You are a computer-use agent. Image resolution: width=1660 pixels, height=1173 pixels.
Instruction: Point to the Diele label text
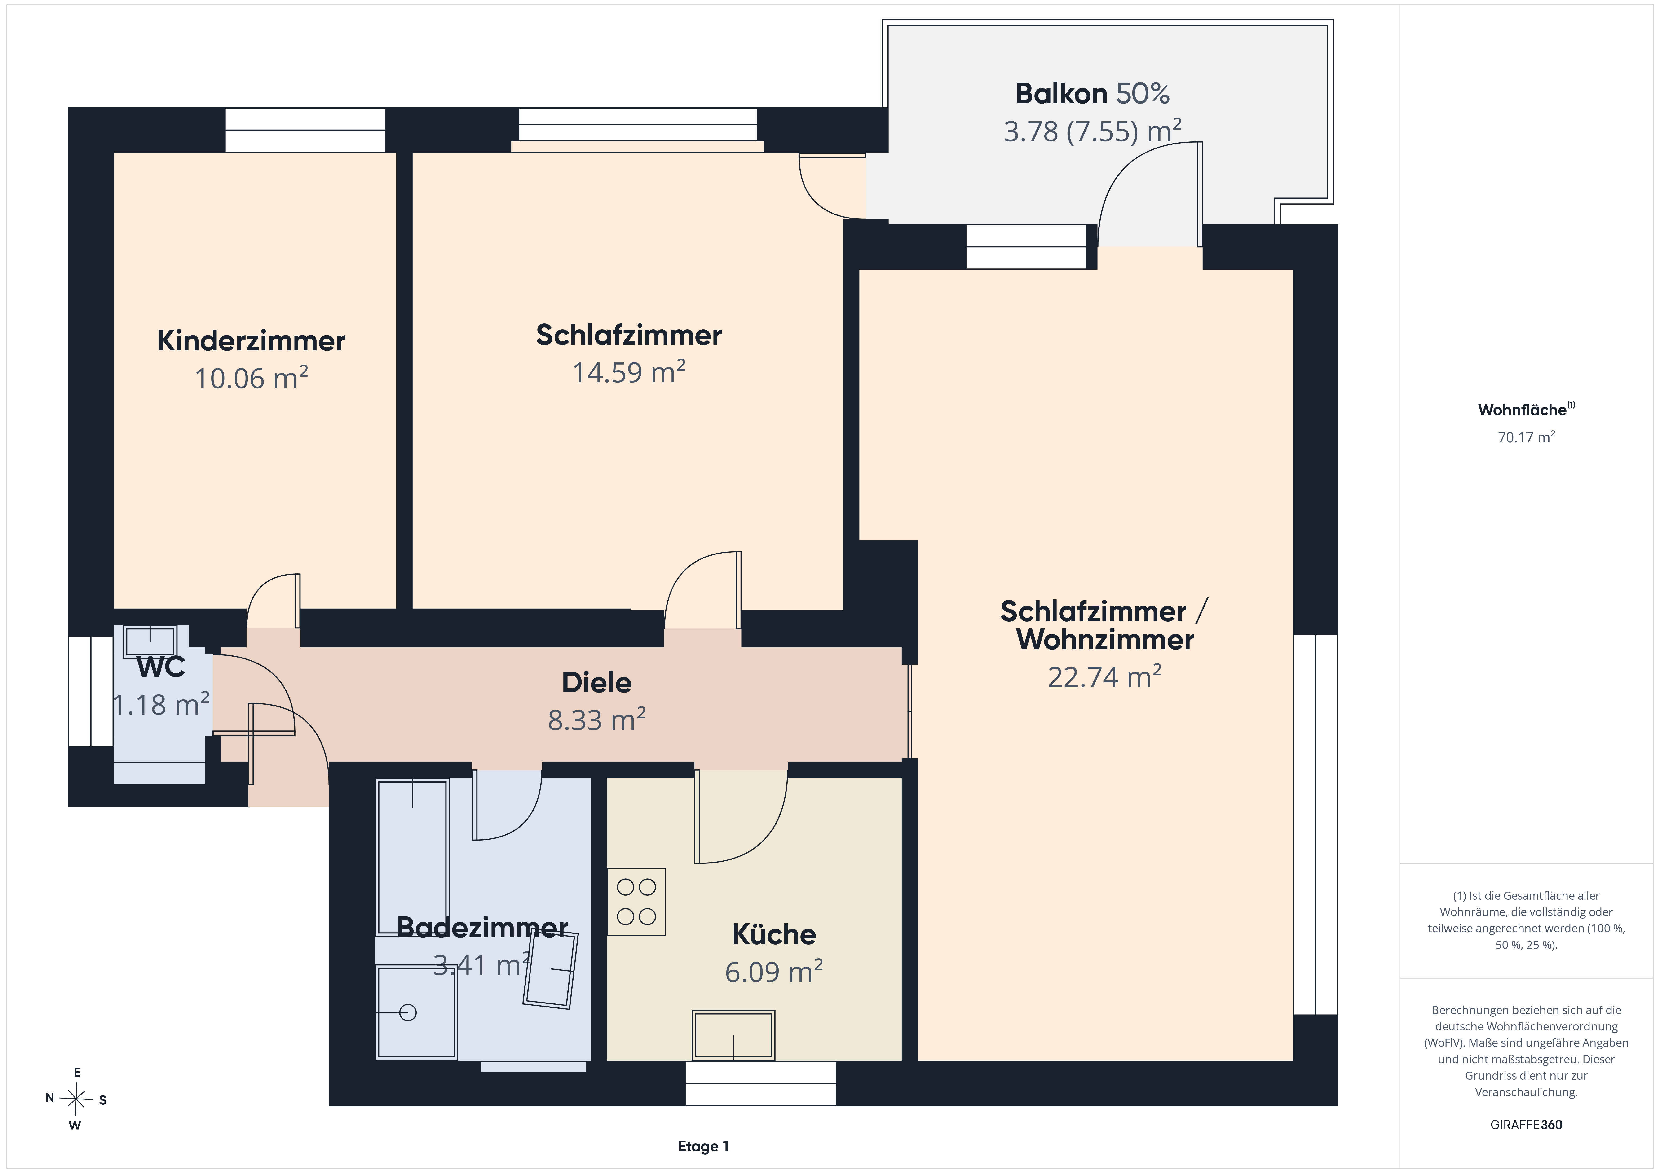click(596, 682)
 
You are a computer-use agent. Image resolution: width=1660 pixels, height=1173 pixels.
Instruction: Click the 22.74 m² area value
click(1104, 676)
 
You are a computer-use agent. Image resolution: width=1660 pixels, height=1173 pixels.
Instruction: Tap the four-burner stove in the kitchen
click(636, 902)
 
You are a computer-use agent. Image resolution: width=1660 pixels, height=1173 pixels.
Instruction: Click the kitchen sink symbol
click(733, 1035)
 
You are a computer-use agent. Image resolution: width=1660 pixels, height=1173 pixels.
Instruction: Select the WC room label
click(160, 667)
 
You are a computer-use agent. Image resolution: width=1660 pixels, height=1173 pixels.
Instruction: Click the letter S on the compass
click(103, 1100)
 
